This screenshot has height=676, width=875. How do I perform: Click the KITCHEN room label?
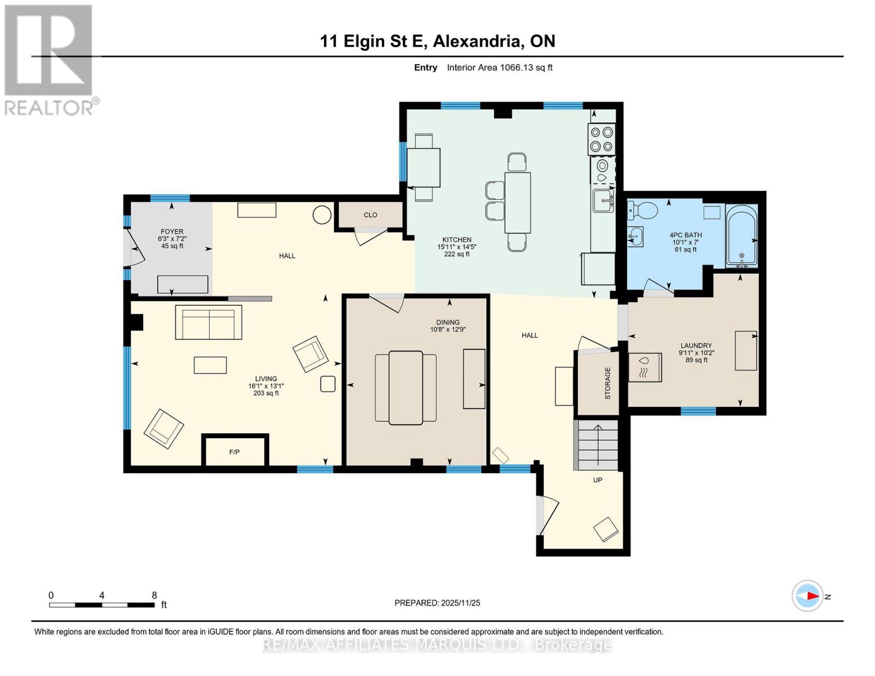456,239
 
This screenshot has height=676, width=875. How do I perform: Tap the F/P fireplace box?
234,451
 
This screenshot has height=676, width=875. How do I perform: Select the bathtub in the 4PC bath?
741,237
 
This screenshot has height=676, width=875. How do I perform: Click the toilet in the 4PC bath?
643,211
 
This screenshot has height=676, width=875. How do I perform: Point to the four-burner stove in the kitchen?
601,139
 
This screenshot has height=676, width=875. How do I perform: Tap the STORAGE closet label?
607,383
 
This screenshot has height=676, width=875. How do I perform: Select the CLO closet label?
370,215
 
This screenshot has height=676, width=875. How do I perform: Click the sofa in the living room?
208,322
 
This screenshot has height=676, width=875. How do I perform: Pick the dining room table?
406,388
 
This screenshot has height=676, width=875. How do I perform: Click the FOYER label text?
172,232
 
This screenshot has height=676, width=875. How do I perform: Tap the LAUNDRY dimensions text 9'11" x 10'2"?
696,353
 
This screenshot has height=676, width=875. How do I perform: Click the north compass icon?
807,595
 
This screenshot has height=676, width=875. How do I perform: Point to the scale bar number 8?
154,595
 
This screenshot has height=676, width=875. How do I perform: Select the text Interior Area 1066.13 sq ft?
499,68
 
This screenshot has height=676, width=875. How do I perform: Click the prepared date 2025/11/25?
460,603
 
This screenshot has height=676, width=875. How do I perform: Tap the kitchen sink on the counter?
603,201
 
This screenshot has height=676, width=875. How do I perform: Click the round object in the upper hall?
322,215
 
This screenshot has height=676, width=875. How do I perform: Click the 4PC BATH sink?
635,237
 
